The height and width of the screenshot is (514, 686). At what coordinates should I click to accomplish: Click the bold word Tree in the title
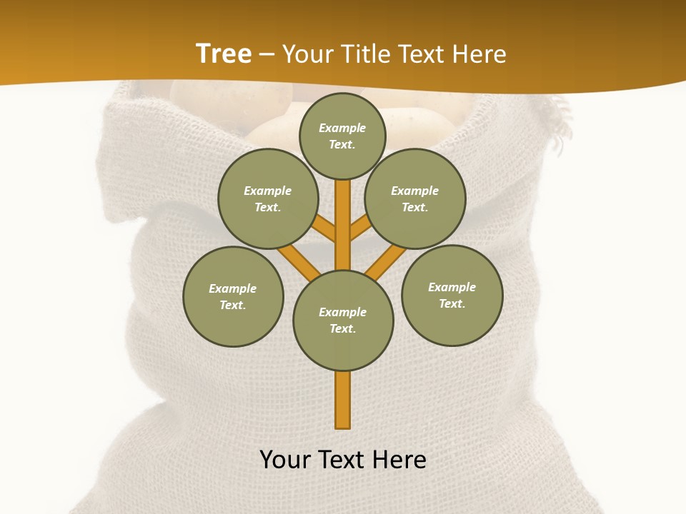point(224,54)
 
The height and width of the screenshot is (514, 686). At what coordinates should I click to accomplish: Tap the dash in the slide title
point(267,55)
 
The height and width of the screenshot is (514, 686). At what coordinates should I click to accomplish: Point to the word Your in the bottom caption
point(287,460)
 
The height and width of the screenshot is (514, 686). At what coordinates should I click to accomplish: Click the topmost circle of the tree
point(342,136)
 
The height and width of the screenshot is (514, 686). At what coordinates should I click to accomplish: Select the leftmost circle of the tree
point(233,297)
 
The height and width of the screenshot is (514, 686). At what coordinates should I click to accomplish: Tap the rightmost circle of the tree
point(452,296)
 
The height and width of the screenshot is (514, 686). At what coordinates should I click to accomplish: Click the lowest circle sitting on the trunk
point(343,321)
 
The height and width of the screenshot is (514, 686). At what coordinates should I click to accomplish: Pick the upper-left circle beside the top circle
point(268,198)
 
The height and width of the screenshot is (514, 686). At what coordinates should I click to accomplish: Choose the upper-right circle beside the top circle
point(415,198)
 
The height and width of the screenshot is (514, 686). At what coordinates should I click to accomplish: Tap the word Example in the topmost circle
point(342,128)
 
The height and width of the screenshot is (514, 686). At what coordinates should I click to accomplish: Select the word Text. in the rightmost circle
point(452,303)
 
